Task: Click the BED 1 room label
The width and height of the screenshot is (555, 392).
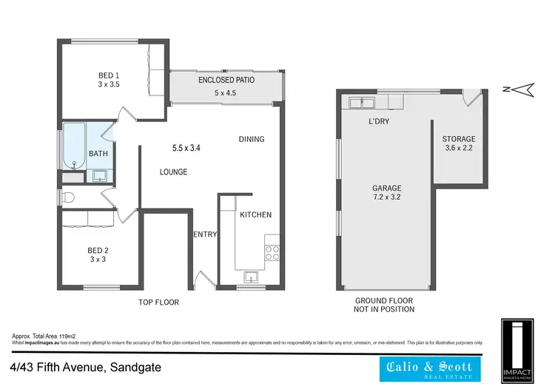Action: coord(109,75)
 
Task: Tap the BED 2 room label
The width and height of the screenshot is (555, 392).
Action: coord(98,249)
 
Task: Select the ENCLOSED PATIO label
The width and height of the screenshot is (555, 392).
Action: coord(226,79)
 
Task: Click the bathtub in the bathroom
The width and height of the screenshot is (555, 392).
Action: coord(74,146)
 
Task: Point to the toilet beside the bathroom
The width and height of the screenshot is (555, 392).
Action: coord(67,197)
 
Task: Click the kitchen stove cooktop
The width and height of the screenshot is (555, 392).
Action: coord(272,250)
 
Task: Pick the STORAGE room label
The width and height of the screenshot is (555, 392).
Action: coord(459,139)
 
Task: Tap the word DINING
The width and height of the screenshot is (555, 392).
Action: coord(252,139)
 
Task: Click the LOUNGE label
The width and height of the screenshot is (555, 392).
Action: coord(173,172)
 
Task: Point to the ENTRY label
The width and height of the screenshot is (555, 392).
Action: coord(205,234)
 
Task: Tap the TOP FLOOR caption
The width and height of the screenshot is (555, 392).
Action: coord(159,303)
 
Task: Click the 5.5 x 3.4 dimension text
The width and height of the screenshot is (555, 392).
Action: coord(186,148)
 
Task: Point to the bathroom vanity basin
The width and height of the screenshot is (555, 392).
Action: coord(101,175)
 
